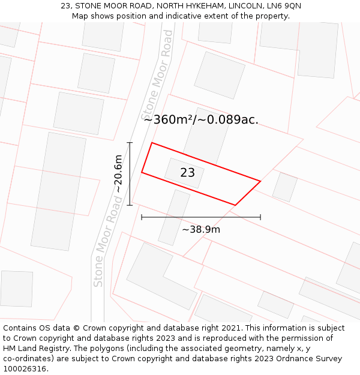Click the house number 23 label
(187, 173)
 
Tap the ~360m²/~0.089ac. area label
(201, 119)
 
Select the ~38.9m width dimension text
(201, 229)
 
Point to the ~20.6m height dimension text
(119, 174)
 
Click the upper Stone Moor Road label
(157, 74)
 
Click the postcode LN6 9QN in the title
(284, 6)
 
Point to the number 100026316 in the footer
(24, 369)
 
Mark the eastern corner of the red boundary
(260, 181)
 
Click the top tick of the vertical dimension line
(130, 143)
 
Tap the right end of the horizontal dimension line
(260, 217)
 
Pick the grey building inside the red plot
(184, 173)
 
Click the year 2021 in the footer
(230, 328)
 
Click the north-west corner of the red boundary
(152, 143)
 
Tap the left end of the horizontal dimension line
(142, 217)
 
